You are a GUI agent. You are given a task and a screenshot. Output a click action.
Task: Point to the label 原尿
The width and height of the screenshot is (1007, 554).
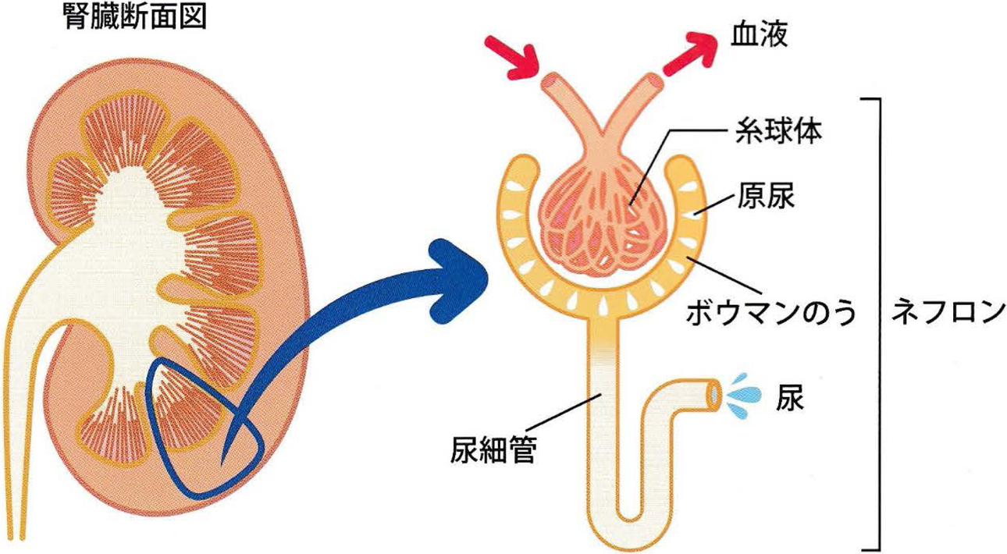764,198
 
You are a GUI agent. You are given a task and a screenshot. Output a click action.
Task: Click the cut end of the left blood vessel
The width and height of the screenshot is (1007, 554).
552,80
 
